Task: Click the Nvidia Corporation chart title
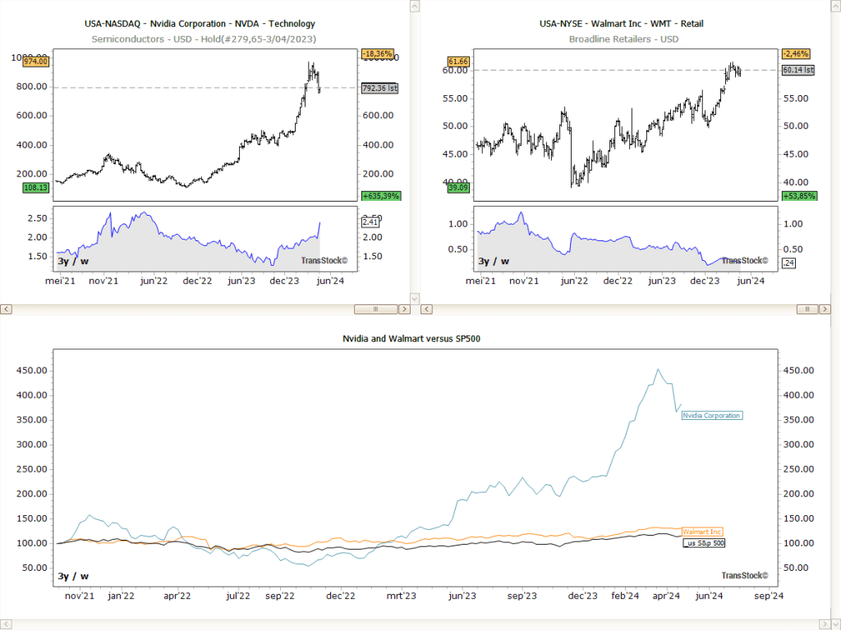tap(200, 24)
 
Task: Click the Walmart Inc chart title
tap(621, 24)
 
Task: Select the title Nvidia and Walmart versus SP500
tap(411, 338)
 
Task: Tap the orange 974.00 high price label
tap(37, 62)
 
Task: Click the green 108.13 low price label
tap(37, 188)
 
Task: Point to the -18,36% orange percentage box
tap(378, 54)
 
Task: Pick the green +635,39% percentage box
tap(380, 196)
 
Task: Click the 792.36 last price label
tap(379, 87)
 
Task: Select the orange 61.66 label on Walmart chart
tap(457, 62)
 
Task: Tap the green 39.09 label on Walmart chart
tap(457, 188)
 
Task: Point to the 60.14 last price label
tap(797, 71)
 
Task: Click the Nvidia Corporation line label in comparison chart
tap(711, 416)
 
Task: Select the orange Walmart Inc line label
tap(702, 532)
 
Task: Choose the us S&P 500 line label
tap(705, 543)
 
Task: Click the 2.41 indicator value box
tap(370, 221)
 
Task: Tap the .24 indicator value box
tap(788, 262)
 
